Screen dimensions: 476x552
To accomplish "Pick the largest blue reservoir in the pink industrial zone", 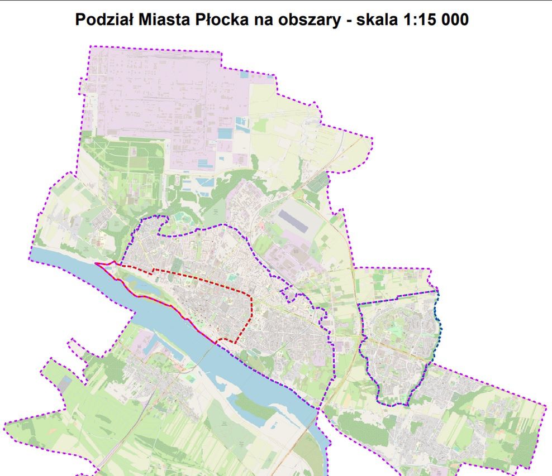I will pyautogui.click(x=224, y=133).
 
